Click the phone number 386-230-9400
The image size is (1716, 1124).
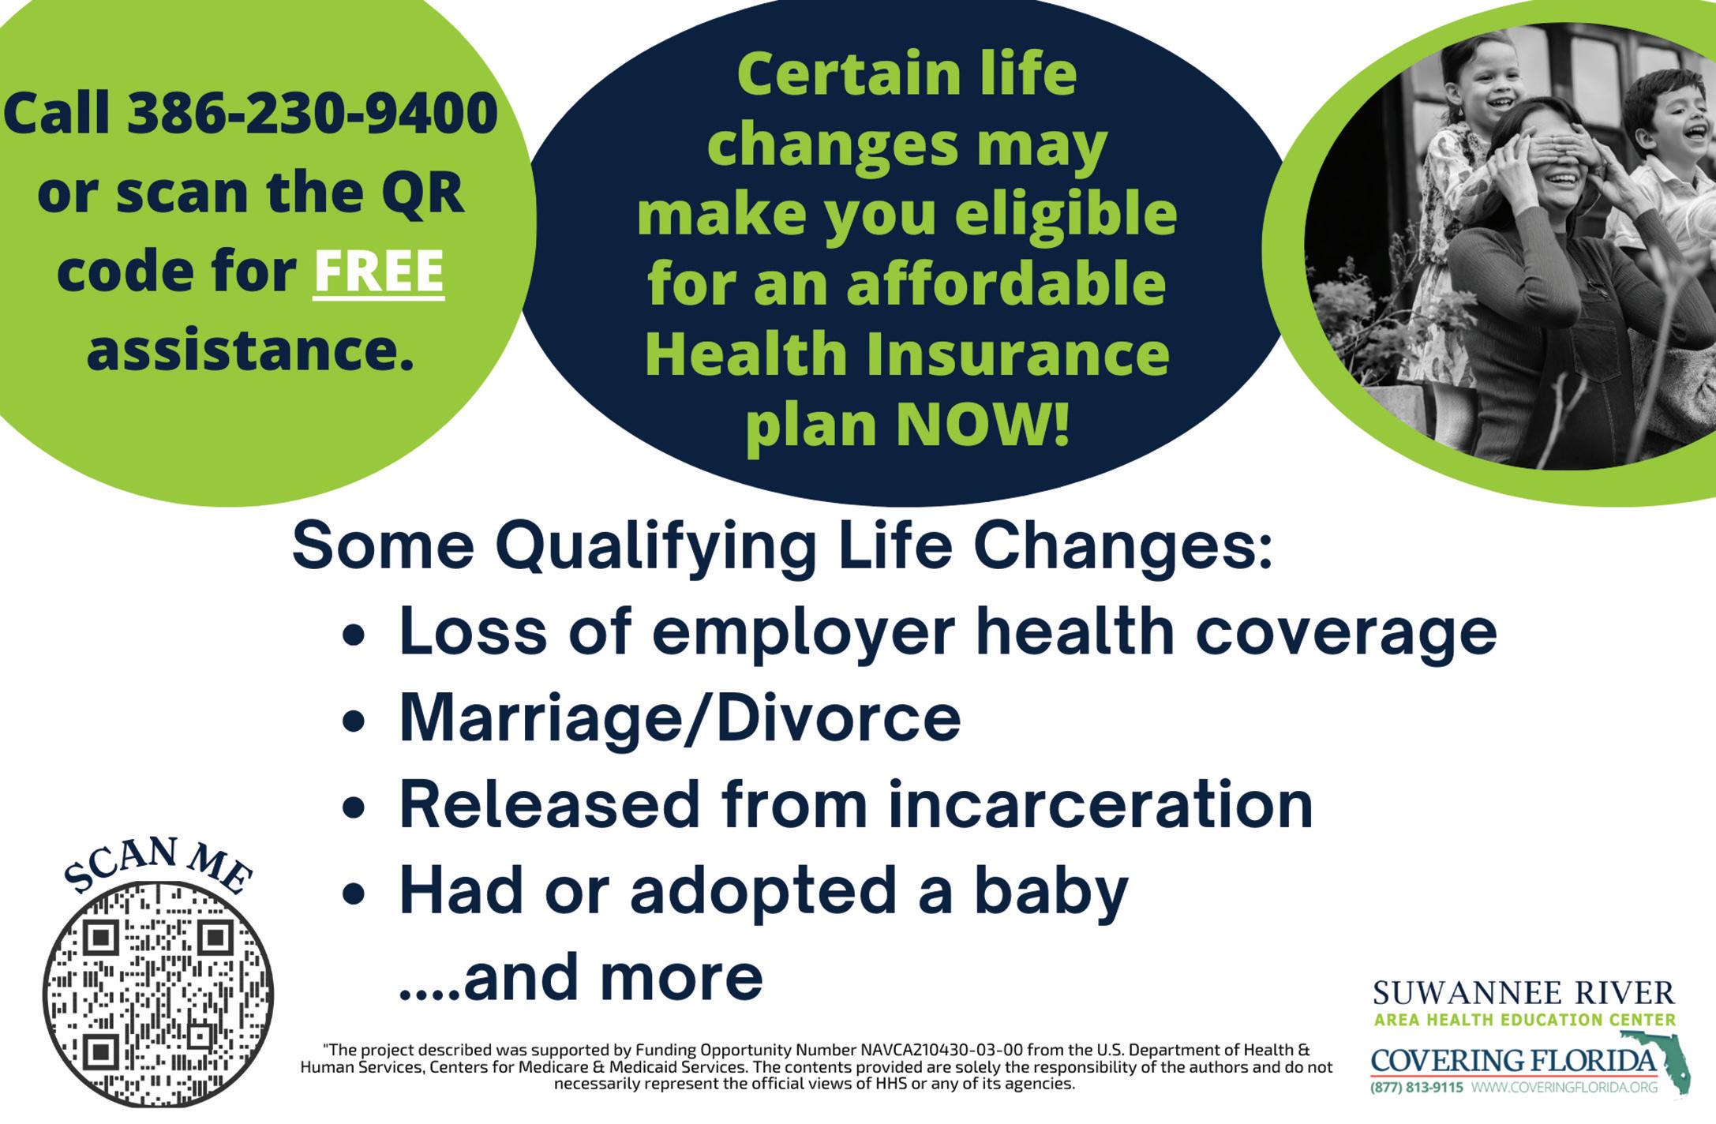312,113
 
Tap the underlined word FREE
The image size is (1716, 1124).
379,272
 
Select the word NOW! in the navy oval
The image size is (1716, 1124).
983,425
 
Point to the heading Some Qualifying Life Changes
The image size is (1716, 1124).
782,546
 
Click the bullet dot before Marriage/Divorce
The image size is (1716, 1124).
354,721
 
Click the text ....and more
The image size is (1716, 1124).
581,978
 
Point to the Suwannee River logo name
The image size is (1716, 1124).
1523,993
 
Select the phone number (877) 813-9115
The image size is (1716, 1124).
1417,1088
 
